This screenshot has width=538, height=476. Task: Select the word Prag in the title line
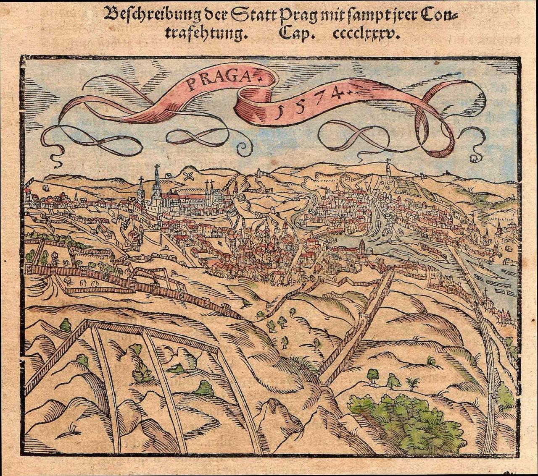pyautogui.click(x=296, y=16)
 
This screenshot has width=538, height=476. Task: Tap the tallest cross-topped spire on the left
pyautogui.click(x=157, y=185)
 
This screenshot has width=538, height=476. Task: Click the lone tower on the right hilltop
pyautogui.click(x=388, y=170)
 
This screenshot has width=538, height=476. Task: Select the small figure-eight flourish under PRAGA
pyautogui.click(x=198, y=136)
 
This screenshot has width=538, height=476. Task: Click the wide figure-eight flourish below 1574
pyautogui.click(x=357, y=136)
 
